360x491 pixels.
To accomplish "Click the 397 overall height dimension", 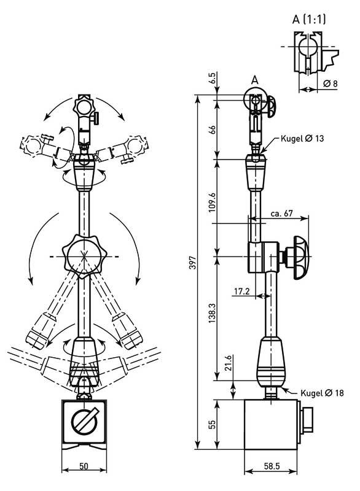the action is pos(193,263).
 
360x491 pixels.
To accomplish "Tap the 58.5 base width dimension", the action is pos(272,466).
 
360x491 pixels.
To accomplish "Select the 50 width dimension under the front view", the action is pos(84,466).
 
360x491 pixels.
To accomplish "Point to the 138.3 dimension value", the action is pos(212,313).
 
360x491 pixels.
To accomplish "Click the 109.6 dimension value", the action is pos(212,203).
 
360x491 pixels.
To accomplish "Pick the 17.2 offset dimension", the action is pos(241,292).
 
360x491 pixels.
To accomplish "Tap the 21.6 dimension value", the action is pos(228,363).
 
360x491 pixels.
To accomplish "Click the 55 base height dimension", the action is pos(212,424).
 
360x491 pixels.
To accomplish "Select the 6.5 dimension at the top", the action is pos(212,78).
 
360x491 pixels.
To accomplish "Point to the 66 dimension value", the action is pos(212,130).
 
